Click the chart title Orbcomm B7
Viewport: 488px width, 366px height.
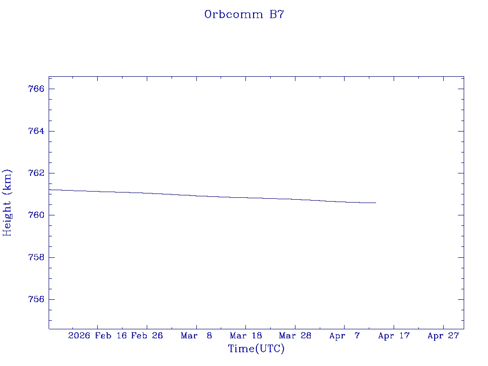pyautogui.click(x=244, y=14)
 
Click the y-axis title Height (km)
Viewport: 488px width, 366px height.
pyautogui.click(x=7, y=202)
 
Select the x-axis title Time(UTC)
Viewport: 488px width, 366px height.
pyautogui.click(x=256, y=349)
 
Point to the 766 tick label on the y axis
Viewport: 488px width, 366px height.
pyautogui.click(x=37, y=89)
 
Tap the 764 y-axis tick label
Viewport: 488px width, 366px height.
pyautogui.click(x=37, y=131)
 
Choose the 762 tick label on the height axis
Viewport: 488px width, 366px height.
pyautogui.click(x=37, y=173)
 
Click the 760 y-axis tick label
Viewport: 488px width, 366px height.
pyautogui.click(x=37, y=215)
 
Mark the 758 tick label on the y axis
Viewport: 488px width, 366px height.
pyautogui.click(x=37, y=257)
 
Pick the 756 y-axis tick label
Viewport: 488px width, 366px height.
pyautogui.click(x=37, y=299)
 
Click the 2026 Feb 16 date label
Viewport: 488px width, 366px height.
pyautogui.click(x=97, y=336)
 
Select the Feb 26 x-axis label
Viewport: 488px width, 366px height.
pyautogui.click(x=147, y=336)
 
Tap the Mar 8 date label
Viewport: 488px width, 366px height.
pyautogui.click(x=196, y=336)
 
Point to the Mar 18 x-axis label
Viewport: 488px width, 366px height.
pyautogui.click(x=245, y=336)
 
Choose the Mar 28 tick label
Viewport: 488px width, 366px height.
pyautogui.click(x=295, y=336)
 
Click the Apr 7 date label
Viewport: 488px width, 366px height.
pyautogui.click(x=345, y=336)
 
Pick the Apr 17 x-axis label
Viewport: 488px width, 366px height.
pyautogui.click(x=394, y=336)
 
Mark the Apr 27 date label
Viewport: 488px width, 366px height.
pyautogui.click(x=443, y=336)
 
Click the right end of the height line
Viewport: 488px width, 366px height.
pyautogui.click(x=376, y=203)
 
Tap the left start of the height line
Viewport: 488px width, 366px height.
pyautogui.click(x=50, y=190)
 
